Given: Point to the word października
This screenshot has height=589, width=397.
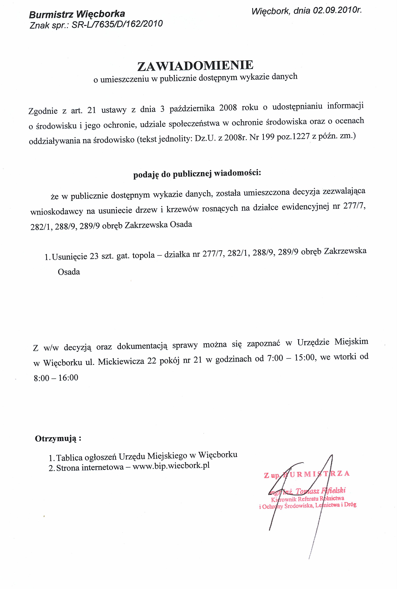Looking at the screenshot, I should click(x=192, y=109).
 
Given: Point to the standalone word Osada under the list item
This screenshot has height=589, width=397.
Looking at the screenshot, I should click(x=69, y=272).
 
